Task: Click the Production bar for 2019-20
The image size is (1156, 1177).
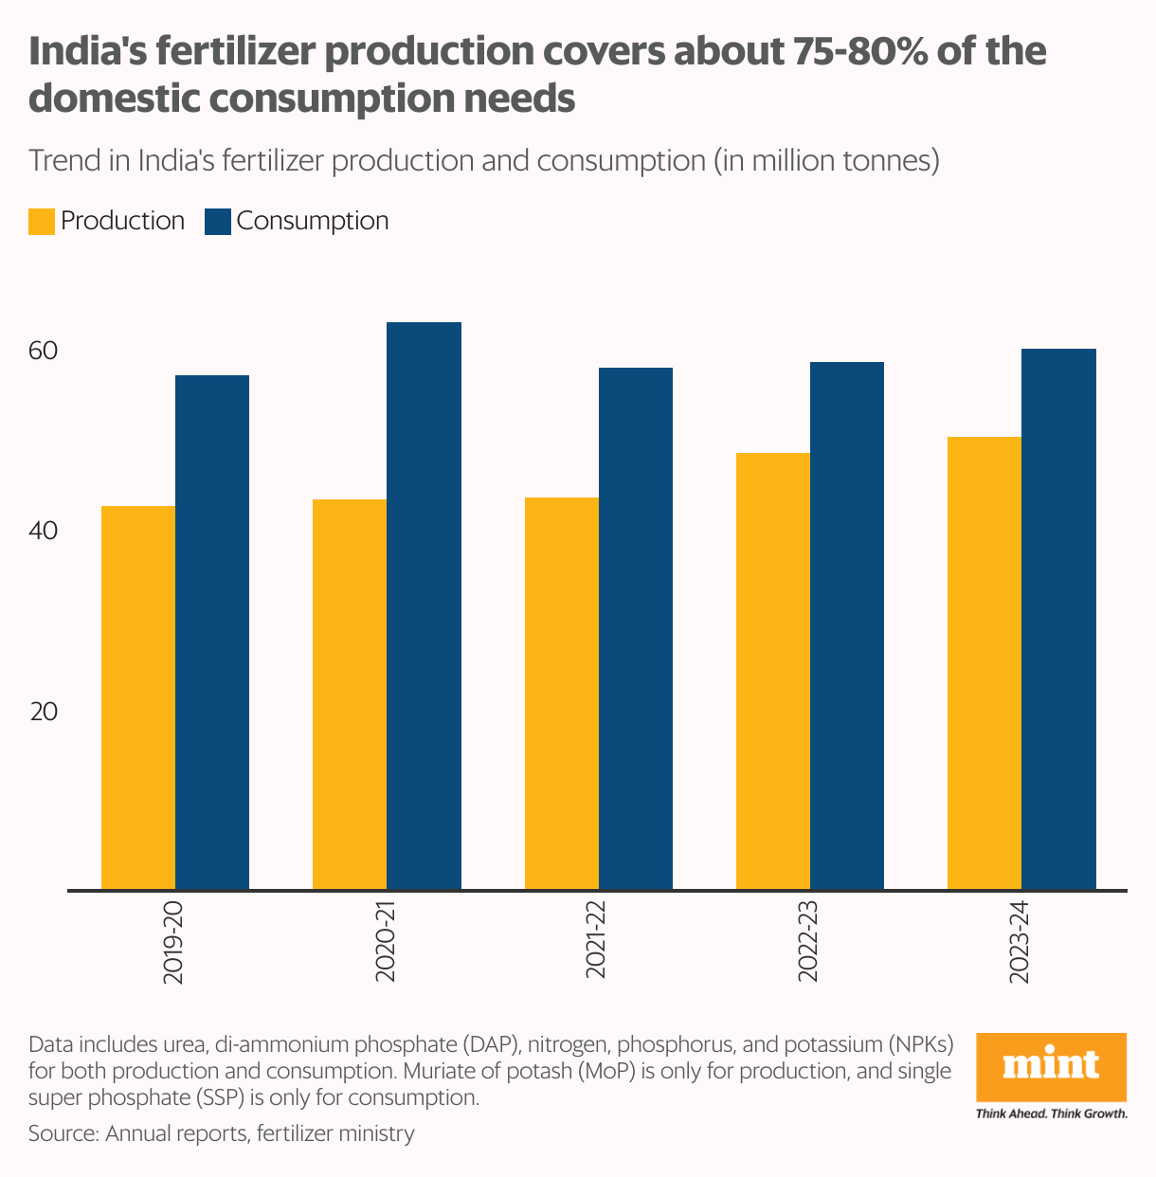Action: [x=138, y=698]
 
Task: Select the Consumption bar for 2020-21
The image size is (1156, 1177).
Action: [x=424, y=607]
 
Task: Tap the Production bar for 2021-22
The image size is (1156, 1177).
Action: [x=562, y=694]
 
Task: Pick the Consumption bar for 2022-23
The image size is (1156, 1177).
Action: [x=847, y=626]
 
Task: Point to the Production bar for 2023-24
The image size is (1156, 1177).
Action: [x=984, y=663]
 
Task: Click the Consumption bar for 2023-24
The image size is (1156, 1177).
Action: [x=1059, y=620]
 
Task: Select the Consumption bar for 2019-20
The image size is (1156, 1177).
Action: [x=212, y=633]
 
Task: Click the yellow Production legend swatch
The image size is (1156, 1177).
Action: [x=42, y=222]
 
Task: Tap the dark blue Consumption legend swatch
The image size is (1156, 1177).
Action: [x=218, y=222]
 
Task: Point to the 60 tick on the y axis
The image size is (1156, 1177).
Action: [x=44, y=352]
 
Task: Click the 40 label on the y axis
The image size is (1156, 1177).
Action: [x=44, y=531]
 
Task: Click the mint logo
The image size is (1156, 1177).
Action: [x=1051, y=1066]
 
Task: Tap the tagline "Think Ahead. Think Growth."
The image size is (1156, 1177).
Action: [x=1051, y=1114]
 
